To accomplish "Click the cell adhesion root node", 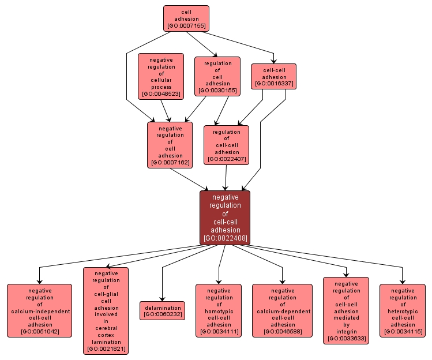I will point(186,18).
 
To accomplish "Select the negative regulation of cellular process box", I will point(161,76).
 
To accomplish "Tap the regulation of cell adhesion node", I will point(217,76).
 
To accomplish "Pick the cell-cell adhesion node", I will point(274,76).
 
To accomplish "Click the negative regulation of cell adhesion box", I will point(170,145).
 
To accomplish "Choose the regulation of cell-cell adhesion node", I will point(227,145).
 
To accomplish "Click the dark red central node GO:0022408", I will point(225,217).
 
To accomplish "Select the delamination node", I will point(162,310).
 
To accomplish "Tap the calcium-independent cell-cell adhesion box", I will point(40,310).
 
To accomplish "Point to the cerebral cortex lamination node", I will point(106,310).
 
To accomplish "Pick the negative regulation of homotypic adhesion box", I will point(219,310).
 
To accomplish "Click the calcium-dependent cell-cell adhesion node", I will point(283,310).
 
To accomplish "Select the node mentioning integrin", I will point(346,310).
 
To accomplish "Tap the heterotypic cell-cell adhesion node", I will point(402,310).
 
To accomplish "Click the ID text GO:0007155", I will point(186,26).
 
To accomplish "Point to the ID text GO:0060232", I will point(162,314).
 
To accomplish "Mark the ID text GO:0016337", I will point(274,84).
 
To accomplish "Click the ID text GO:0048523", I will point(161,93).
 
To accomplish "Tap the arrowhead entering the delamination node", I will point(162,298).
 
